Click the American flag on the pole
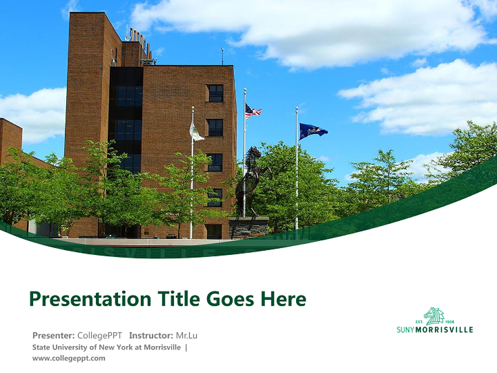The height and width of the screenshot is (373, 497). (x=253, y=111)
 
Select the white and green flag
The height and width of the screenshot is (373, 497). (x=197, y=133)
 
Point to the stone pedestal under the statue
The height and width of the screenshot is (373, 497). (x=248, y=227)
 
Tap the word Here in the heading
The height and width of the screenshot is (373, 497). (x=283, y=299)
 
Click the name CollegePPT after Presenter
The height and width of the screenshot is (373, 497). (x=100, y=335)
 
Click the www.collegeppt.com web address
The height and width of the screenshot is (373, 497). (x=68, y=358)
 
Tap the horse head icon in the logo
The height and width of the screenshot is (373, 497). (x=434, y=315)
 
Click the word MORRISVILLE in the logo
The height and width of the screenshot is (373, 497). (x=444, y=329)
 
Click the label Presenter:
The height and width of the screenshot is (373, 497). (x=54, y=335)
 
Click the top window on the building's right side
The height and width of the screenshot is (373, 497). (x=215, y=93)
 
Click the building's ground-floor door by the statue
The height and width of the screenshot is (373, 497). (x=214, y=231)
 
